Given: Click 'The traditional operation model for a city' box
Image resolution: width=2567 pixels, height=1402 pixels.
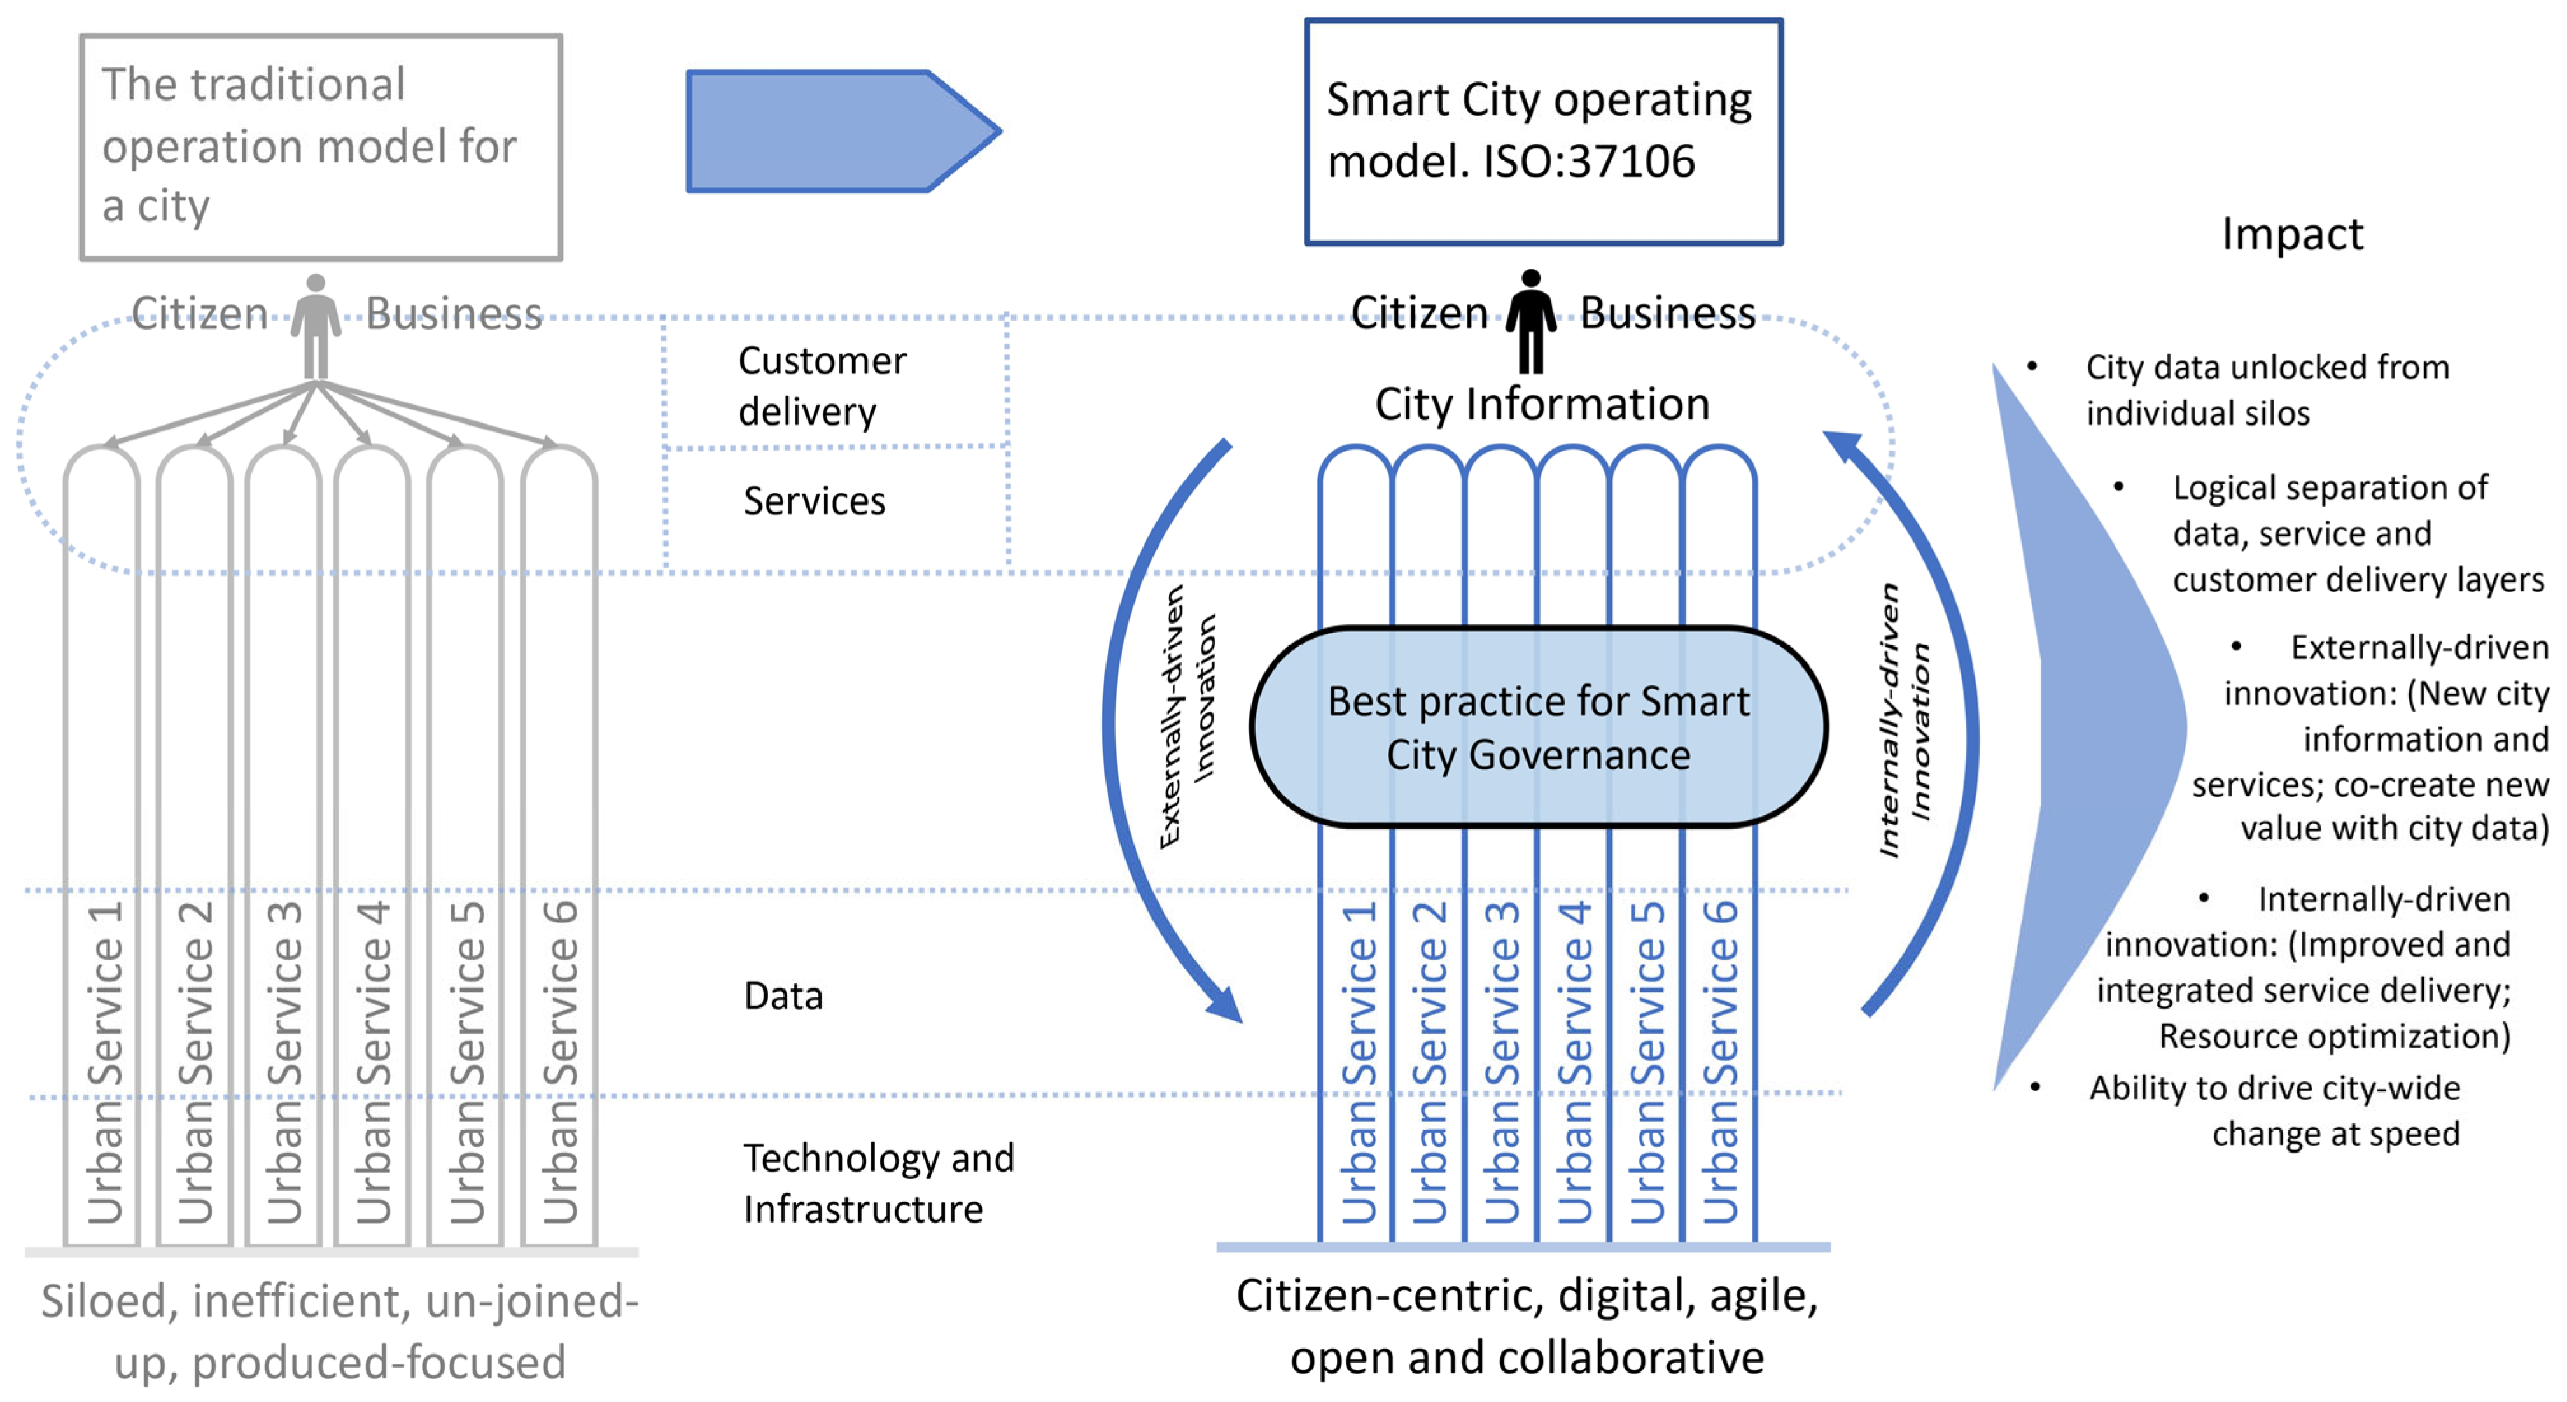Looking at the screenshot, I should click(321, 146).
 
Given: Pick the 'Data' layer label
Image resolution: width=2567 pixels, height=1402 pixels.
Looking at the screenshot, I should click(783, 995).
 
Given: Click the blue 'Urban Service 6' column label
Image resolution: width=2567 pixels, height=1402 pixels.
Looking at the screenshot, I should click(1720, 1062).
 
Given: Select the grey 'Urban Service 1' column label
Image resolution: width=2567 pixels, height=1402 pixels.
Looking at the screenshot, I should click(106, 1062).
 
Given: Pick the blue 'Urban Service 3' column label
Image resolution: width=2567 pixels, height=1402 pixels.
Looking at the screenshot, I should click(1502, 1062).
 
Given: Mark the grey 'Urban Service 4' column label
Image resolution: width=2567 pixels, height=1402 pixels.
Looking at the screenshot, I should click(374, 1062).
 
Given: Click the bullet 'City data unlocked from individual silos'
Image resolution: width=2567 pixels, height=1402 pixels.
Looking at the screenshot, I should click(2267, 389).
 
